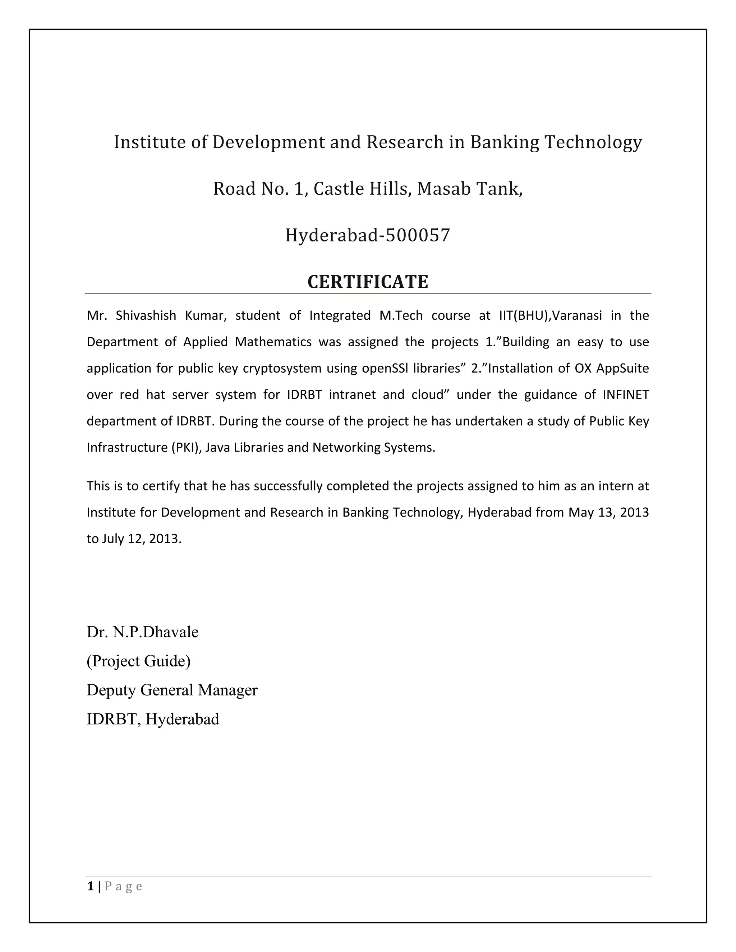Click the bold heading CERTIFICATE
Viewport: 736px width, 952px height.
click(368, 282)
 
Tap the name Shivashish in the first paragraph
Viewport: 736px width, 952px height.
click(146, 315)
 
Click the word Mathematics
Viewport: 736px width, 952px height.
click(273, 342)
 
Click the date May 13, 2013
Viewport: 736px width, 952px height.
click(608, 512)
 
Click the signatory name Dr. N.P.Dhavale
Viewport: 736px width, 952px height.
click(143, 632)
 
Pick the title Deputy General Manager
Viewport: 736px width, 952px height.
click(172, 690)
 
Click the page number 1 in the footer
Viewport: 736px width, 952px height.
click(90, 886)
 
